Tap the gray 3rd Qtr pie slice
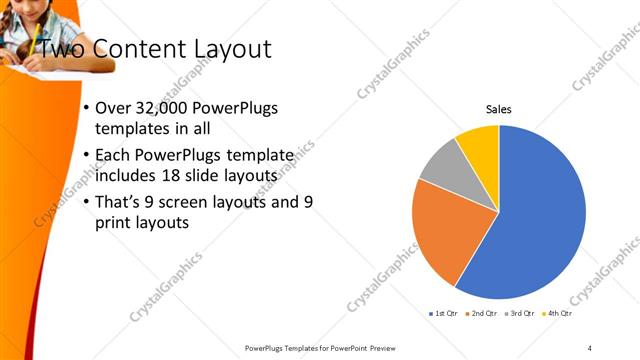(441, 176)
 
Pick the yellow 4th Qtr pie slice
(479, 145)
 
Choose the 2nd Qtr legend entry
(482, 314)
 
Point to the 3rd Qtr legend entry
(519, 314)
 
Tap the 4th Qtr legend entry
(556, 314)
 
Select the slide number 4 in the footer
(590, 347)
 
